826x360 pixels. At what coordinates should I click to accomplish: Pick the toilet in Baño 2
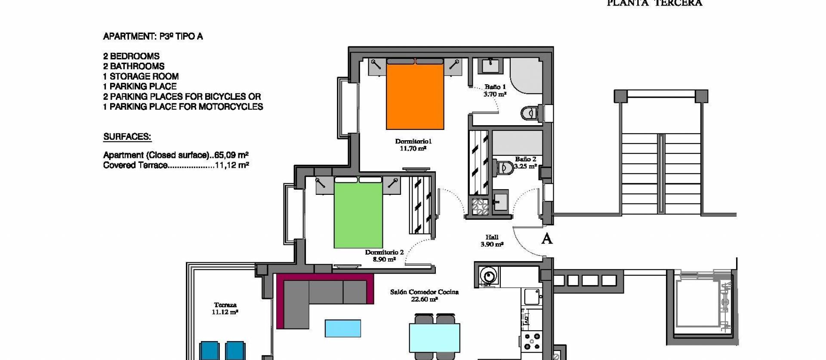[x=505, y=167]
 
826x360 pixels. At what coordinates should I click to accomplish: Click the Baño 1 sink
[x=490, y=66]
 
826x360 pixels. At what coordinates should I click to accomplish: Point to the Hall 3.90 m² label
[x=492, y=241]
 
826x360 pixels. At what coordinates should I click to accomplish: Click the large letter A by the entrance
[x=546, y=239]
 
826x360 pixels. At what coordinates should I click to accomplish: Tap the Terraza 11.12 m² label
[x=225, y=308]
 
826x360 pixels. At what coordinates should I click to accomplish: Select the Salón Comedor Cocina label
[x=424, y=295]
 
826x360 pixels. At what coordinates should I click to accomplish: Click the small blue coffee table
[x=342, y=328]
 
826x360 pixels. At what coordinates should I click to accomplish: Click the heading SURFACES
[x=127, y=137]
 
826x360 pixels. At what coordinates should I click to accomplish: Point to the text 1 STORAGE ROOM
[x=141, y=77]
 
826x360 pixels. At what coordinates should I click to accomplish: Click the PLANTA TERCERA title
[x=654, y=3]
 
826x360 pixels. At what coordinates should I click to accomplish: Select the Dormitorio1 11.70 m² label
[x=413, y=145]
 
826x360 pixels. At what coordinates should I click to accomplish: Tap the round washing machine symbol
[x=488, y=275]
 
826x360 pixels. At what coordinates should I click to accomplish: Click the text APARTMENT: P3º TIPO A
[x=153, y=37]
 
